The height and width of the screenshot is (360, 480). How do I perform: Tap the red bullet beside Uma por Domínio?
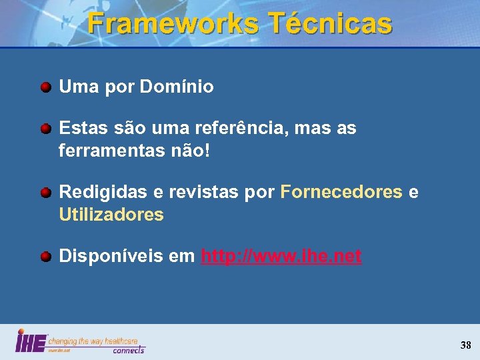point(45,87)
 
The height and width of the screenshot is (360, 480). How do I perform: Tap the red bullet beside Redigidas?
point(45,193)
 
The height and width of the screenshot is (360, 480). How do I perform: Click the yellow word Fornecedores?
point(341,193)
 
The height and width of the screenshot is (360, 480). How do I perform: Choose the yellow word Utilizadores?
point(111,215)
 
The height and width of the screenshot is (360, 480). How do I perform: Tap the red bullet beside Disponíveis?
point(45,257)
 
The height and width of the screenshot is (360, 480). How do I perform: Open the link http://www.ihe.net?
point(281,257)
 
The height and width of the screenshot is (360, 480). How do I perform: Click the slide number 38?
point(465,345)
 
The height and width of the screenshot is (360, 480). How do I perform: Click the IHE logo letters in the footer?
point(31,341)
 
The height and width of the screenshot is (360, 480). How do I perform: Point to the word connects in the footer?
point(128,349)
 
